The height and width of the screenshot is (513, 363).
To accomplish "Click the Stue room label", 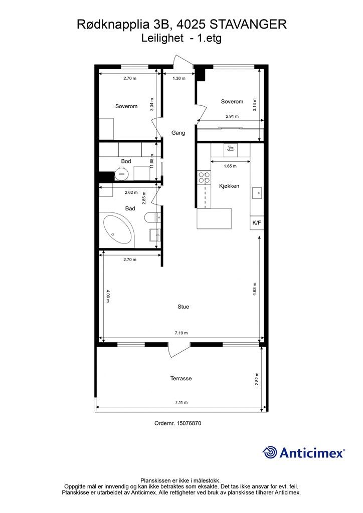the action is (x=184, y=307).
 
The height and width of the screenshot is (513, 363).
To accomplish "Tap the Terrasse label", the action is (x=181, y=379).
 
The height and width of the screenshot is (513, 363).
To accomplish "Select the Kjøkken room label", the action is (x=229, y=186).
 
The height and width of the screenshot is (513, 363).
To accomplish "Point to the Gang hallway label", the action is (x=178, y=133).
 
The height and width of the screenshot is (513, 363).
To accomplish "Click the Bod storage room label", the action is (x=126, y=161).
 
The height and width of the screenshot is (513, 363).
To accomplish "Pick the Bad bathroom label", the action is (x=130, y=208).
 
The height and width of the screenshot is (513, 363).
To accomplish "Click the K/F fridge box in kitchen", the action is (x=257, y=223).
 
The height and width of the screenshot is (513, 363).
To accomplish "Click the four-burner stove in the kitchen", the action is (x=204, y=177).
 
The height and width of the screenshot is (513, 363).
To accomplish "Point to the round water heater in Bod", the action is (x=121, y=173).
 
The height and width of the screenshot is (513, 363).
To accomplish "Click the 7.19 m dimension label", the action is (x=181, y=333).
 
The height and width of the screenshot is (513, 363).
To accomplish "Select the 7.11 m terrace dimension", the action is (x=181, y=402).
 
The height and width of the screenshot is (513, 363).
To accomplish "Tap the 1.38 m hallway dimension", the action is (x=179, y=78).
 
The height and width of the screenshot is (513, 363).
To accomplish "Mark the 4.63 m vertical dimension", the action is (x=255, y=289).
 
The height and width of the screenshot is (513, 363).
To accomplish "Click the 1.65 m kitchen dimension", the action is (x=230, y=166).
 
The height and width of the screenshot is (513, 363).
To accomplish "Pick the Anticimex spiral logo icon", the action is (x=270, y=452).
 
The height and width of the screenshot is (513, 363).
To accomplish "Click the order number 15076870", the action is (x=189, y=423).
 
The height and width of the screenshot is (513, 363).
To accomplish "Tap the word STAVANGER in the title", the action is (x=248, y=24).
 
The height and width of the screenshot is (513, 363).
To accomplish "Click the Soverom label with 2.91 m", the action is (x=232, y=101).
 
